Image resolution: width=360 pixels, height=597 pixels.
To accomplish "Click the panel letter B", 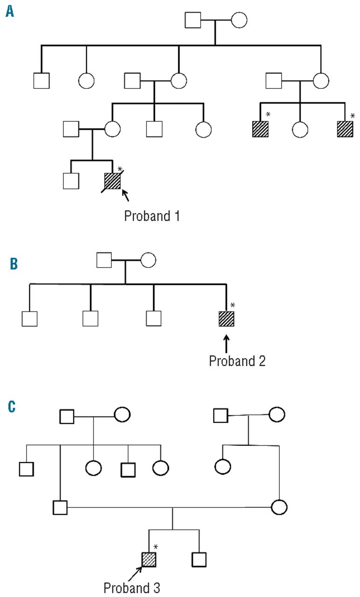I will tap(14, 264).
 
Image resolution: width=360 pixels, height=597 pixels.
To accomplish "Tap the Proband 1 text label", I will tap(152, 216).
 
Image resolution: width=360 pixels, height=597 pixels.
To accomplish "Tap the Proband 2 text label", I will tap(237, 361).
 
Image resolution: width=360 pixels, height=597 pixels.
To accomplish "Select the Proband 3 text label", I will tap(132, 588).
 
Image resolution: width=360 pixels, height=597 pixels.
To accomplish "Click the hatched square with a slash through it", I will tap(112, 180).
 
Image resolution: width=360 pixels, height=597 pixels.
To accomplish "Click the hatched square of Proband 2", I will tap(226, 319).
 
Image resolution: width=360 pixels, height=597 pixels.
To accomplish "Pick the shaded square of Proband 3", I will tap(149, 559).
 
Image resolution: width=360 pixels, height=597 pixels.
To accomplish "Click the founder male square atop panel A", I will tap(193, 20).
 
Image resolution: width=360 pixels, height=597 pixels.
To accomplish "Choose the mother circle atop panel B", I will tap(148, 260).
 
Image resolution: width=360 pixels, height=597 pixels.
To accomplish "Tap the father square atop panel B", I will tap(104, 260).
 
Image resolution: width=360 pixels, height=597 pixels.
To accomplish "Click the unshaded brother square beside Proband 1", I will tap(71, 180).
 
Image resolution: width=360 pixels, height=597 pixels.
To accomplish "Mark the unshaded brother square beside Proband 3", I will tap(199, 559).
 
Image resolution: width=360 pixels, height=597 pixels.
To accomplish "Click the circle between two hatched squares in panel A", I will tap(300, 129).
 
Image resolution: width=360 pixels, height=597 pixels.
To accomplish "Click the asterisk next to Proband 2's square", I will tap(233, 305).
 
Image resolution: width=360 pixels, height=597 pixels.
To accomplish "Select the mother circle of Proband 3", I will tap(279, 507).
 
